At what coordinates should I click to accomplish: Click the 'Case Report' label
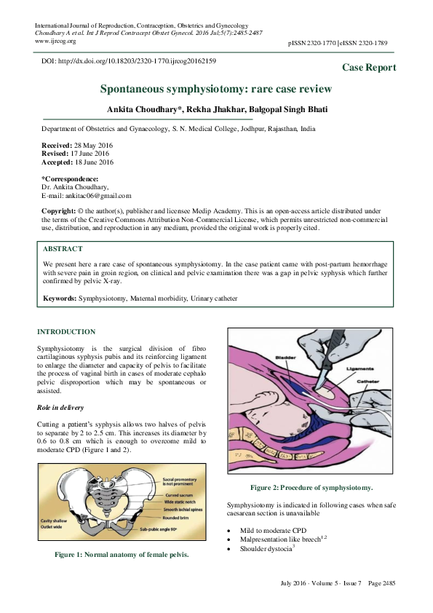tap(369, 68)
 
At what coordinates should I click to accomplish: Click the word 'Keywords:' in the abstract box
tap(60, 298)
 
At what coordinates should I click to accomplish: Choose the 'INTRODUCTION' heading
tap(66, 332)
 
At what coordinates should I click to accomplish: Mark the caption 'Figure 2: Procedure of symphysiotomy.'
tap(311, 487)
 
